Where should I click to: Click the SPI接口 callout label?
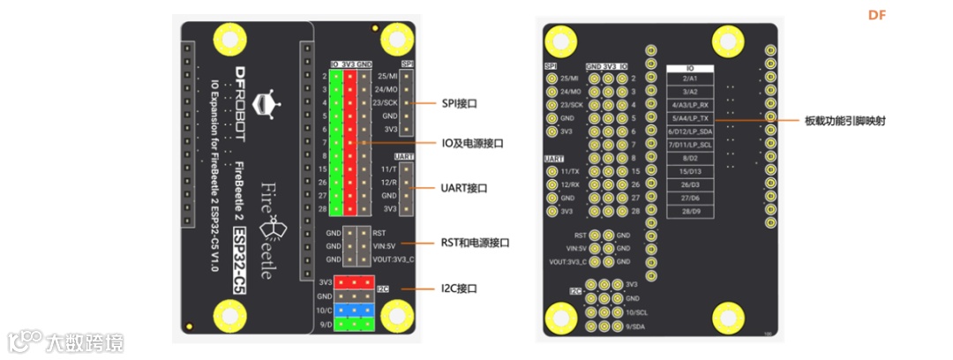coord(459,103)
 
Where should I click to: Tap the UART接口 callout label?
coord(464,188)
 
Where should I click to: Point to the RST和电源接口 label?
coord(476,242)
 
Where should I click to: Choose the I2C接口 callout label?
coord(459,288)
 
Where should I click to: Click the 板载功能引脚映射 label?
coord(844,121)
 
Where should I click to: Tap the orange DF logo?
coord(876,15)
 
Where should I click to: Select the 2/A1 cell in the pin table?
coord(690,79)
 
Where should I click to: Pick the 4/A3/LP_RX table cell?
coord(690,104)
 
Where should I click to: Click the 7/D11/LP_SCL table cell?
coord(690,144)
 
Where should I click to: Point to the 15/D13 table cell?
coord(690,170)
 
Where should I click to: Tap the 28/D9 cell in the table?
coord(690,211)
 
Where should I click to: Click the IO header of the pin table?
coord(690,67)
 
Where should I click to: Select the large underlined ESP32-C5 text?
coord(238,259)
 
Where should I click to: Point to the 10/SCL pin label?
coord(636,313)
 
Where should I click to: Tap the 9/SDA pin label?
coord(636,327)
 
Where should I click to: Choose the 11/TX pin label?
coord(569,171)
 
